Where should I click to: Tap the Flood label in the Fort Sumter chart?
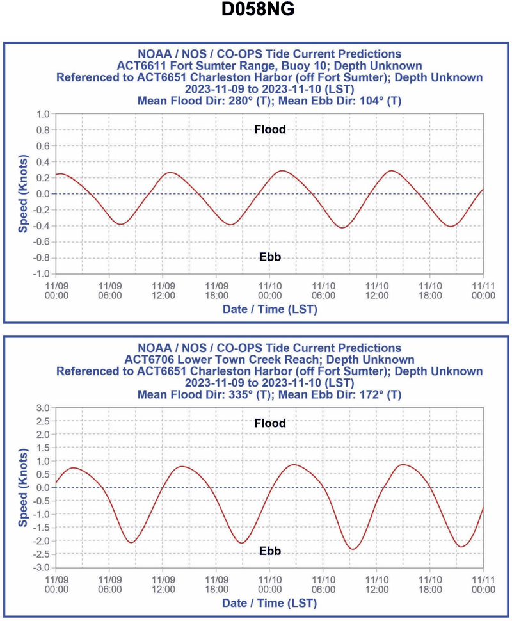pyautogui.click(x=269, y=129)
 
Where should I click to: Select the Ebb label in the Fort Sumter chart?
pyautogui.click(x=269, y=257)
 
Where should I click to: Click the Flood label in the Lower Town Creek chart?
pyautogui.click(x=269, y=423)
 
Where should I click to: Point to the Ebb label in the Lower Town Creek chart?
pyautogui.click(x=269, y=551)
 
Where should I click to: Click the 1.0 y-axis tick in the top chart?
pyautogui.click(x=42, y=114)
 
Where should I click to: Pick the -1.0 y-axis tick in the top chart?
pyautogui.click(x=40, y=274)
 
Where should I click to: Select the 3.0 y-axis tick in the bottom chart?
pyautogui.click(x=42, y=407)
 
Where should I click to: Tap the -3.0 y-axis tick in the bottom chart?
pyautogui.click(x=40, y=568)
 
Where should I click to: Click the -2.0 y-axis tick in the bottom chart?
pyautogui.click(x=40, y=541)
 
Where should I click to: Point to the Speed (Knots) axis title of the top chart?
pyautogui.click(x=22, y=193)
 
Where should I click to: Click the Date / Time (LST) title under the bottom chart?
pyautogui.click(x=269, y=603)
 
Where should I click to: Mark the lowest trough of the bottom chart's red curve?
pyautogui.click(x=353, y=549)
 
